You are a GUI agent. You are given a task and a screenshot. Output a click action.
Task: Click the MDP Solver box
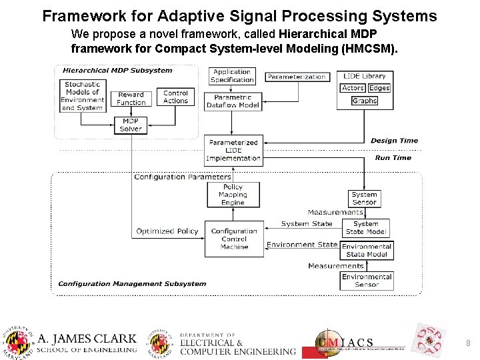[131, 125]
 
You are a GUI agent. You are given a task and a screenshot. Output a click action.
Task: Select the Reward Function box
[131, 99]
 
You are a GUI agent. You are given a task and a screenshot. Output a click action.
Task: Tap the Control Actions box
[175, 97]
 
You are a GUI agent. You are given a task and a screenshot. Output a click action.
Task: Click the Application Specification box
[232, 76]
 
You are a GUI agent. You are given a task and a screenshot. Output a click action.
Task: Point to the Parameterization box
[297, 77]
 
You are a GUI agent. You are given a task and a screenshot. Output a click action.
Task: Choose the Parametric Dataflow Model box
[233, 101]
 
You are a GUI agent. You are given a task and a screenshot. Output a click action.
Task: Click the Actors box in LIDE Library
[353, 88]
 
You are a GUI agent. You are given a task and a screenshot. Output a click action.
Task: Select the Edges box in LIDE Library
[379, 88]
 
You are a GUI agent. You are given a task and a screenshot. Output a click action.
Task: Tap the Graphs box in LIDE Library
[364, 101]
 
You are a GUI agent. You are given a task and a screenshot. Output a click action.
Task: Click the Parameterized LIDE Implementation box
[233, 151]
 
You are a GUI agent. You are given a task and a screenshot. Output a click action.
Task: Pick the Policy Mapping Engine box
[233, 195]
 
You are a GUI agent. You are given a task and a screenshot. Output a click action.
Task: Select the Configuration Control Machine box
[234, 239]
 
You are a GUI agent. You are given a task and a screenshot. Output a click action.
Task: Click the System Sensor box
[364, 198]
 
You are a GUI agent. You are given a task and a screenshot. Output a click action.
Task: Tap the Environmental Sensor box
[367, 281]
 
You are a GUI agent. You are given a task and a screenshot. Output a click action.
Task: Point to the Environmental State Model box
[367, 250]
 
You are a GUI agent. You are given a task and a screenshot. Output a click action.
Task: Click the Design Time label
[394, 141]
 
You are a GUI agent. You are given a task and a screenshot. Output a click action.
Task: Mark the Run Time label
[393, 158]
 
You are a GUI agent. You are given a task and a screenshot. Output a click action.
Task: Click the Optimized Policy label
[167, 231]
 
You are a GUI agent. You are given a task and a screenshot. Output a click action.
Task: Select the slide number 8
[468, 343]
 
